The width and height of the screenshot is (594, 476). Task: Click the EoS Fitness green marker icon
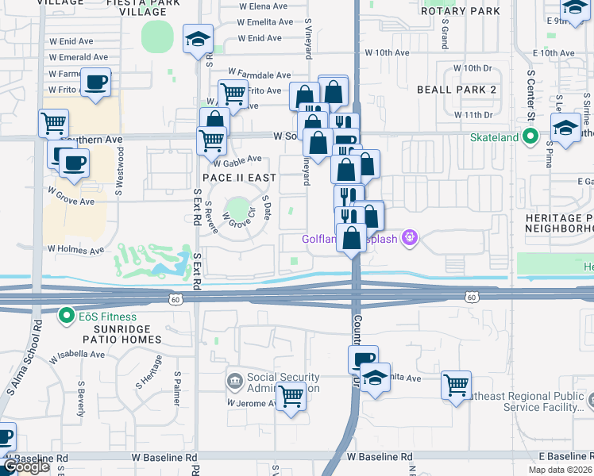[68, 317]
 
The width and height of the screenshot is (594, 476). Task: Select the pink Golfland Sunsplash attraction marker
[409, 236]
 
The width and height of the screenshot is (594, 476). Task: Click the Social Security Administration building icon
[234, 382]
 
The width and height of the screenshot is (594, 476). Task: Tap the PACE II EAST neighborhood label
[239, 178]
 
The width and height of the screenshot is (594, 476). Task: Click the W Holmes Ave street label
[75, 250]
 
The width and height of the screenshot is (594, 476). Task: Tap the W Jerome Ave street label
[252, 403]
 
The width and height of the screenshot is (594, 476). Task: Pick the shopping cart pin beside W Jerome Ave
[291, 395]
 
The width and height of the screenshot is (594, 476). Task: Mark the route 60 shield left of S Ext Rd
[175, 298]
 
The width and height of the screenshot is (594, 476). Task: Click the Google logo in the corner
[27, 466]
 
